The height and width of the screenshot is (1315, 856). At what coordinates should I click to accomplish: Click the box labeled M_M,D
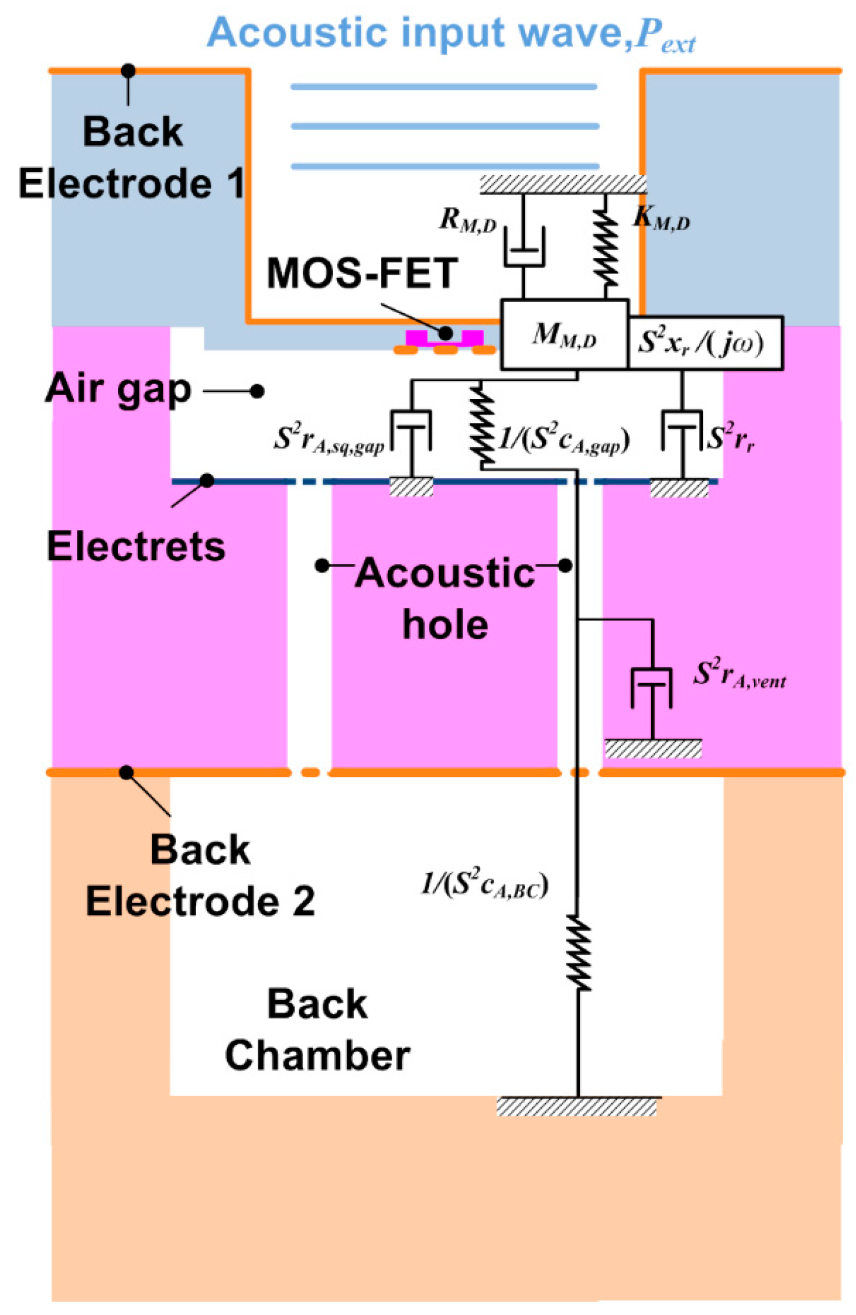[x=564, y=335]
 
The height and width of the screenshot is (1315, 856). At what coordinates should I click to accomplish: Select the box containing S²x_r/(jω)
[x=705, y=343]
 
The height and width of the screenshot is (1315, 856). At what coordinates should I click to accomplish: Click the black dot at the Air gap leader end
[x=257, y=391]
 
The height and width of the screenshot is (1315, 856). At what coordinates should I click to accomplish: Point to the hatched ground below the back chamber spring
[x=578, y=1107]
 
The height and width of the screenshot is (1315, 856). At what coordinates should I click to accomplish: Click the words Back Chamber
[x=317, y=1030]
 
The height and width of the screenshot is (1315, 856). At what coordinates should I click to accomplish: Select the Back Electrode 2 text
[x=201, y=875]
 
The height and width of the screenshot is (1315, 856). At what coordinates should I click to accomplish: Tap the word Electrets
[x=136, y=546]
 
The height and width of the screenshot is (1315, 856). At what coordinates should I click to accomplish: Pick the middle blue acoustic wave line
[x=444, y=126]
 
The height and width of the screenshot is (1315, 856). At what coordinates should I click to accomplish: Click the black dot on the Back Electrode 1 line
[x=128, y=71]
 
